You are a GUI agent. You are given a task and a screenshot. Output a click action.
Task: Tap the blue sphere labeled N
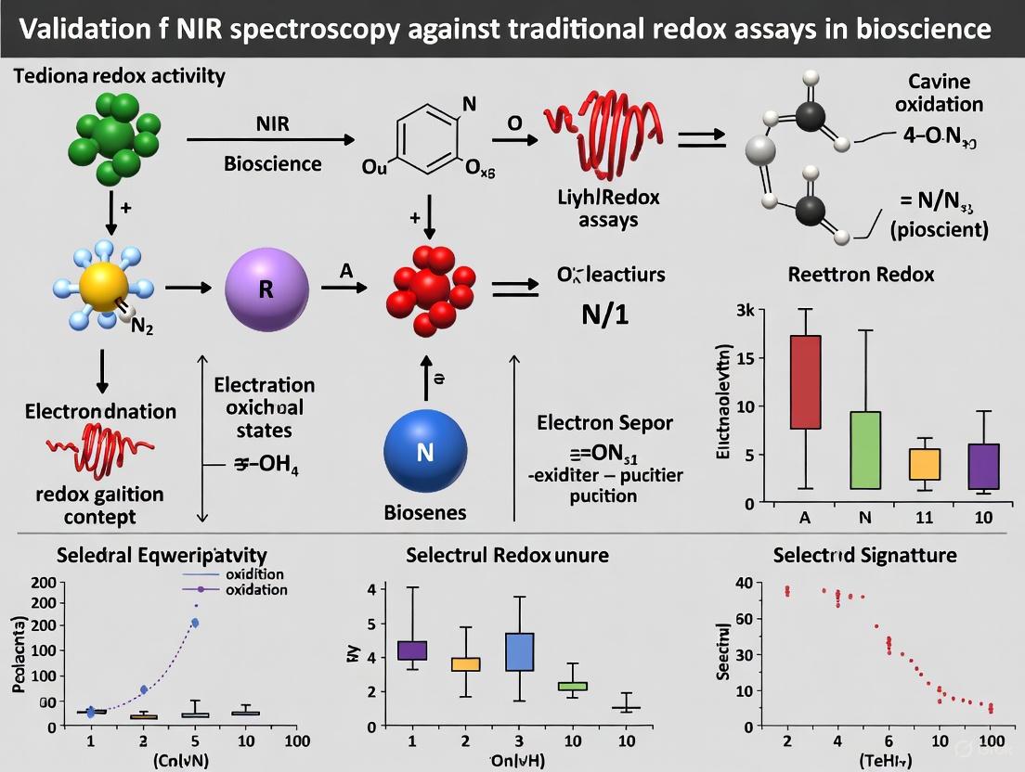coord(425,452)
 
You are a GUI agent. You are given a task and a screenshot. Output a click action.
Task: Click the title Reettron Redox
coord(861,275)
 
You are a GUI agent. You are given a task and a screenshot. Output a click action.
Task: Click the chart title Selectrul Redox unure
coord(507,555)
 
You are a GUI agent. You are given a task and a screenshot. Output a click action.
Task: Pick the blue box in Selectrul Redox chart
coord(519,651)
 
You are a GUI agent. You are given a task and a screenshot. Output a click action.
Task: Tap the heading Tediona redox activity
coord(119,76)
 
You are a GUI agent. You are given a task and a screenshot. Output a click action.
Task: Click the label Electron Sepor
coord(605,423)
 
